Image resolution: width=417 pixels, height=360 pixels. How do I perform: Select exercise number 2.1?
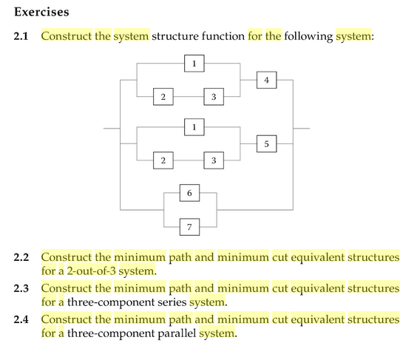[x=22, y=36]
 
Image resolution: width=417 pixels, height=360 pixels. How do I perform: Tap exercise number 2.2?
[x=22, y=257]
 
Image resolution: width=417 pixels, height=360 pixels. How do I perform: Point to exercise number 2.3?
[x=22, y=288]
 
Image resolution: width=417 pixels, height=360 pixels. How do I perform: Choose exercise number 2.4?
[x=22, y=319]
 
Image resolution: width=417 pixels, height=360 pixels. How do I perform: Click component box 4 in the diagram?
[x=267, y=81]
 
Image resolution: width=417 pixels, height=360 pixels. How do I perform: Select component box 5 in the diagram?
[x=267, y=143]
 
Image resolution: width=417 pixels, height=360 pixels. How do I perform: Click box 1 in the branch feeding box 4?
[x=194, y=64]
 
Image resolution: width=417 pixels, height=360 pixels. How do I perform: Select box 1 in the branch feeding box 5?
[x=194, y=126]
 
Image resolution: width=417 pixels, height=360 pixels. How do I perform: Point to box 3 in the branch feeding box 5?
[x=214, y=160]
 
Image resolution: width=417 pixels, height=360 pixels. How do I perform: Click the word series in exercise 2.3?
[x=171, y=302]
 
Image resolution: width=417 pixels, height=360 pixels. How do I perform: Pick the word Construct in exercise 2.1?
[x=67, y=36]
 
